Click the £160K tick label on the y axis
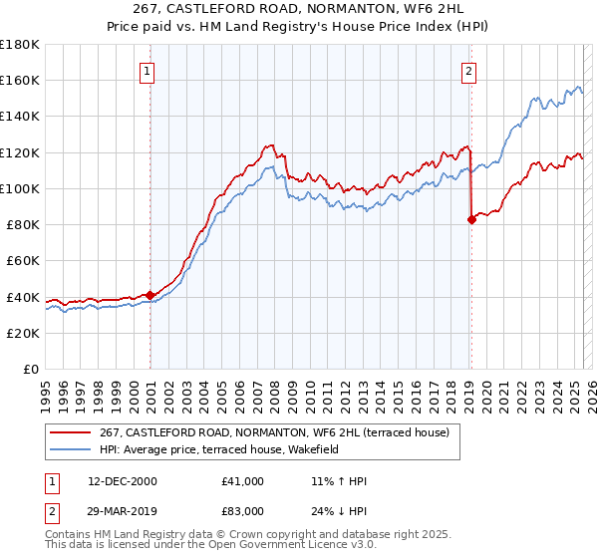(20, 80)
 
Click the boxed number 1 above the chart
(147, 71)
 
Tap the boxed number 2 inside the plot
(467, 71)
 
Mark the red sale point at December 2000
(150, 295)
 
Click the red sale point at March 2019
(471, 220)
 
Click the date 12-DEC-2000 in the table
(122, 481)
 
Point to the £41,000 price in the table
(243, 481)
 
